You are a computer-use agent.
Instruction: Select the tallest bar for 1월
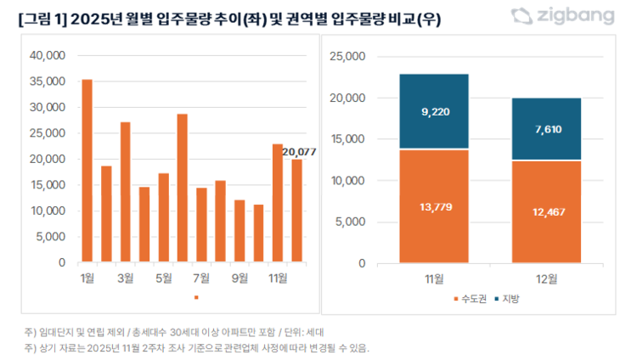click(87, 171)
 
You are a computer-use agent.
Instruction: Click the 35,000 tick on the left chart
click(48, 82)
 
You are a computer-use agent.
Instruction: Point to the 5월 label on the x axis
click(163, 278)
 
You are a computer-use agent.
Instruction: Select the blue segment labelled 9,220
click(433, 111)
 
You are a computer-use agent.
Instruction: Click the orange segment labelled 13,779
click(433, 206)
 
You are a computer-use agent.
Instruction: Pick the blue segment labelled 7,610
click(547, 129)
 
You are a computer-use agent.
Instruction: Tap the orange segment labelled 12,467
click(547, 211)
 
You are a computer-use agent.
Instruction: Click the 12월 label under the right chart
click(547, 278)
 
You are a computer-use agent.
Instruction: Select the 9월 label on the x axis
click(240, 278)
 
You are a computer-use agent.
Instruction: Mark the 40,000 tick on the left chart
click(48, 55)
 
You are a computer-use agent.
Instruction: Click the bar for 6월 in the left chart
click(182, 188)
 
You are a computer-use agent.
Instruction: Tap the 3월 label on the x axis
click(125, 278)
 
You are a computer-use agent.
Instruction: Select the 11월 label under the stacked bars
click(433, 278)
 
